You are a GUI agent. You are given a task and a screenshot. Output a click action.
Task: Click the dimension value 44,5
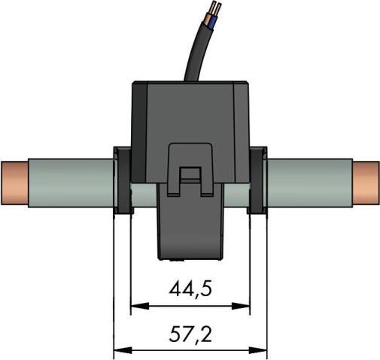[190, 289]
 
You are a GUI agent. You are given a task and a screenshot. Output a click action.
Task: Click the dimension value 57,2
[190, 333]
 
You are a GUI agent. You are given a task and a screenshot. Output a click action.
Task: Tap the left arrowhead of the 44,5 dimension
[136, 307]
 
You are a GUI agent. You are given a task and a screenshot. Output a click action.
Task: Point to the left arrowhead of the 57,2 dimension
[119, 349]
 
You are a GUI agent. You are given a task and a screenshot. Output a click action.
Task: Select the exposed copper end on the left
[14, 183]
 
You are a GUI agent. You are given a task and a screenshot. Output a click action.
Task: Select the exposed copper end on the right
[366, 183]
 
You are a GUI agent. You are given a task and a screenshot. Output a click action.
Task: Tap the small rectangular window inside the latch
[190, 177]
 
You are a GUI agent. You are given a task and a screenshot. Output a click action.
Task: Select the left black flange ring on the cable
[123, 180]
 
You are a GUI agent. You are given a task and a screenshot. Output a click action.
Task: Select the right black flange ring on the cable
[257, 180]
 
